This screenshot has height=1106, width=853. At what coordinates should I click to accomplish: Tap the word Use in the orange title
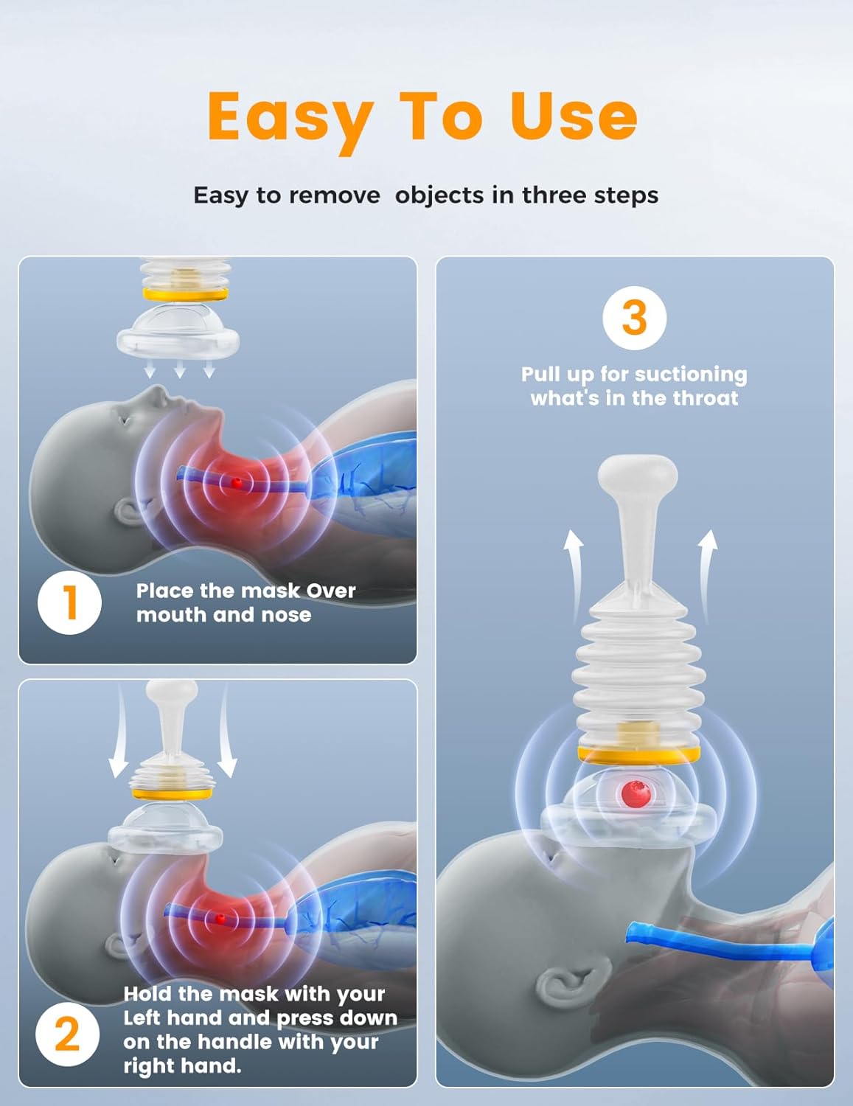[x=573, y=116]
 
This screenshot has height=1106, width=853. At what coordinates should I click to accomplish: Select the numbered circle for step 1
[x=69, y=602]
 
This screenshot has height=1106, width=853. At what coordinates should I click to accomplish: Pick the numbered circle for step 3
[x=634, y=319]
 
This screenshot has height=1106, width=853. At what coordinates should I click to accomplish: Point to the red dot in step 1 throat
[x=237, y=482]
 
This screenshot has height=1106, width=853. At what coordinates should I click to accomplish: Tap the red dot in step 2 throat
[x=220, y=919]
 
